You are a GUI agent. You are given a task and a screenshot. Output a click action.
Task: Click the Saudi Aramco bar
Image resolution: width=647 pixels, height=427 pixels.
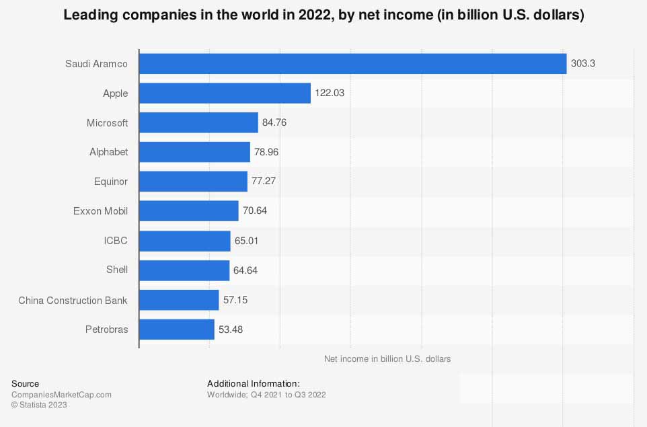[x=352, y=64]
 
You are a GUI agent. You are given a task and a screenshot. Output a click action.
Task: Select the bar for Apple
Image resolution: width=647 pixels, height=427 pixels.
[x=225, y=93]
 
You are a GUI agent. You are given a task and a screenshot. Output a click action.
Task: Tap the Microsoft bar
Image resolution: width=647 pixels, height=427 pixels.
[x=198, y=122]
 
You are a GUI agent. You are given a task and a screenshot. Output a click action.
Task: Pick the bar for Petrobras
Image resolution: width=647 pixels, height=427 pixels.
[x=176, y=329]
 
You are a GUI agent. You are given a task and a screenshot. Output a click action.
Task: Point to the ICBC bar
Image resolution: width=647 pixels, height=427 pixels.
[x=184, y=241]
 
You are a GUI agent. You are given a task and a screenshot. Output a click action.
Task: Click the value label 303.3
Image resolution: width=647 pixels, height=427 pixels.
[x=584, y=64]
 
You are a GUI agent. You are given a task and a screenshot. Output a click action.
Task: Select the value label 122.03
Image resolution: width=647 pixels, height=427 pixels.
[x=330, y=93]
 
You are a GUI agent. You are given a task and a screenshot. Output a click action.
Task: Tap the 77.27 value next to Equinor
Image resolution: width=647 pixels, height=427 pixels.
[x=265, y=182]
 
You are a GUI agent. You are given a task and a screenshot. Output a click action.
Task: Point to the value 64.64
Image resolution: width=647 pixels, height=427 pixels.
[x=245, y=270]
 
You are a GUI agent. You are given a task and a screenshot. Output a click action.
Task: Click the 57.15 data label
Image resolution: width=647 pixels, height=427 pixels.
[x=235, y=300]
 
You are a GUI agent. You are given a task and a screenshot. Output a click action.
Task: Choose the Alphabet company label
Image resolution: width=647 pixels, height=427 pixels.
[x=108, y=152]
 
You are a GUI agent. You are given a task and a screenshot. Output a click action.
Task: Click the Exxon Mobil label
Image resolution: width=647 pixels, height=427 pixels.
[x=100, y=211]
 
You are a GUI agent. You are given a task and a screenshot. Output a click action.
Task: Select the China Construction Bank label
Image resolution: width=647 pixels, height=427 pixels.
[x=73, y=300]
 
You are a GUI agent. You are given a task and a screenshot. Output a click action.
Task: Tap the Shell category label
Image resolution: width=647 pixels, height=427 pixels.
[x=116, y=270]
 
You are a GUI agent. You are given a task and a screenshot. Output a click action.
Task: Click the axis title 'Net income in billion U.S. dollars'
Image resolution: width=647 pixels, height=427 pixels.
[x=387, y=359]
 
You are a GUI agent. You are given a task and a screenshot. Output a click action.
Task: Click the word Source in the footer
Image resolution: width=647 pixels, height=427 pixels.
[x=26, y=384]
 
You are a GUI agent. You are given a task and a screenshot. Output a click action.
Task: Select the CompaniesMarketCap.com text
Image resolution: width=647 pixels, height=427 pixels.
[x=61, y=395]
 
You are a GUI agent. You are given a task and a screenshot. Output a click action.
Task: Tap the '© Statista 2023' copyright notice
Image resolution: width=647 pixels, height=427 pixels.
[x=39, y=405]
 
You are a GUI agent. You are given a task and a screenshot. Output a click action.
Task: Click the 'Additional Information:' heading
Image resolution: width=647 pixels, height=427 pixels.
[x=253, y=384]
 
